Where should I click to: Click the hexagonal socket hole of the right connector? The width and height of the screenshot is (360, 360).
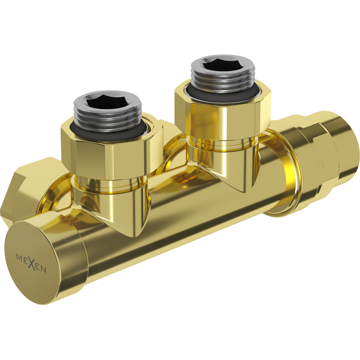223,66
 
